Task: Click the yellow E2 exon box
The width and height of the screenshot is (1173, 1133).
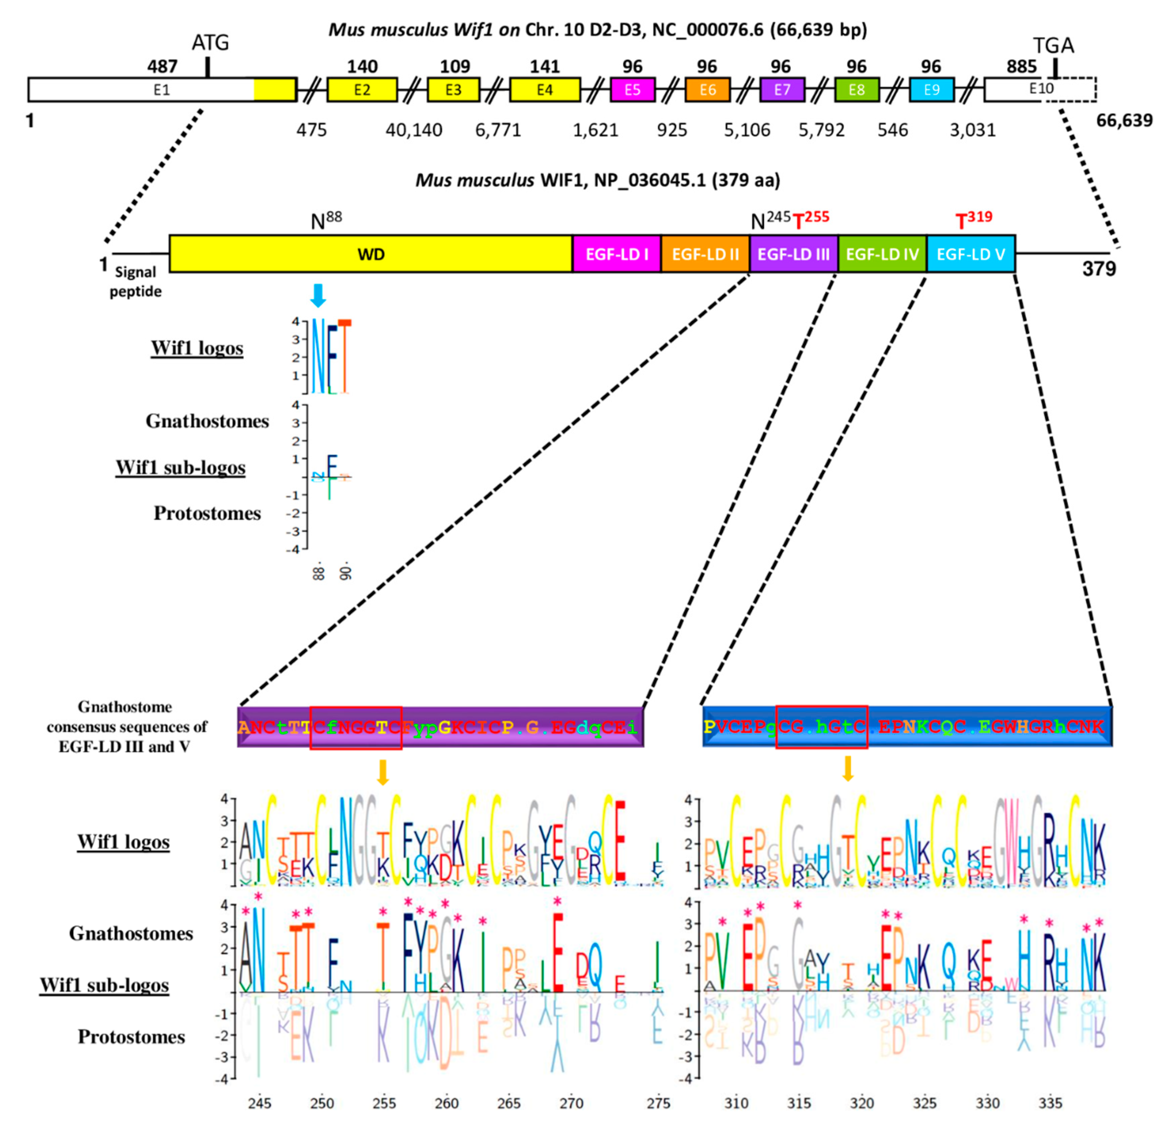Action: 362,90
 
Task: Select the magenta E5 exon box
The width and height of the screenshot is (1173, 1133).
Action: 633,90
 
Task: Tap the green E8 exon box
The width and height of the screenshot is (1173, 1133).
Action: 857,90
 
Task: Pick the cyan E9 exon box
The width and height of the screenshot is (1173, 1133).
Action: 931,90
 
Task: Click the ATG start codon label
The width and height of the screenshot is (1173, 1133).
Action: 210,43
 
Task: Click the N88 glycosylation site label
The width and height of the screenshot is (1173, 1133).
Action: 326,220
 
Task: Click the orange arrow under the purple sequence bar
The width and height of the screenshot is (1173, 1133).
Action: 383,772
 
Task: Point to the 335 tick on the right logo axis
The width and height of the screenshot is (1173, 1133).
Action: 1050,1103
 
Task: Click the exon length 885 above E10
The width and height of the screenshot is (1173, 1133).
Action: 1021,66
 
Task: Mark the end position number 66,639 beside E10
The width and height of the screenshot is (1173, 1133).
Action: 1124,121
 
